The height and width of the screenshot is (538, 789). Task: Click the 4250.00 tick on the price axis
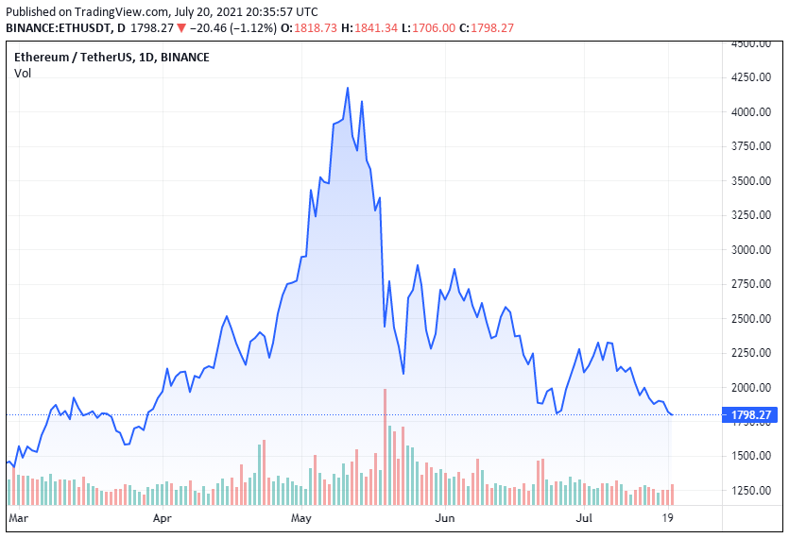point(752,77)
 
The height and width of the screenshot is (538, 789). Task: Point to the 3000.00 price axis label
point(752,249)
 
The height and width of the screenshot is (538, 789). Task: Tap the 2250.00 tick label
point(752,353)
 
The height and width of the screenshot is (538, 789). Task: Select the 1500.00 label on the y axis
point(752,456)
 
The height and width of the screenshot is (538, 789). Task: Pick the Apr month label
point(162,518)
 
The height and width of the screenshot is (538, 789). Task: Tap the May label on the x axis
point(301,518)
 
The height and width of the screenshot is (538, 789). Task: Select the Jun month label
point(445,518)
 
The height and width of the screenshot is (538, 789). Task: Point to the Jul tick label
point(584,518)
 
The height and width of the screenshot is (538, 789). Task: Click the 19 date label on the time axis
point(668,518)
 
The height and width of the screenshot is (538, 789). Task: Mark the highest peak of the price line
point(348,89)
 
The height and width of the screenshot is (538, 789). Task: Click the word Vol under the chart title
point(23,74)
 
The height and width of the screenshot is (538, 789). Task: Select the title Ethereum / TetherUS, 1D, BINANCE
point(111,57)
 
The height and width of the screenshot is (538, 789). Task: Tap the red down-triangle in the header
point(181,28)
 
